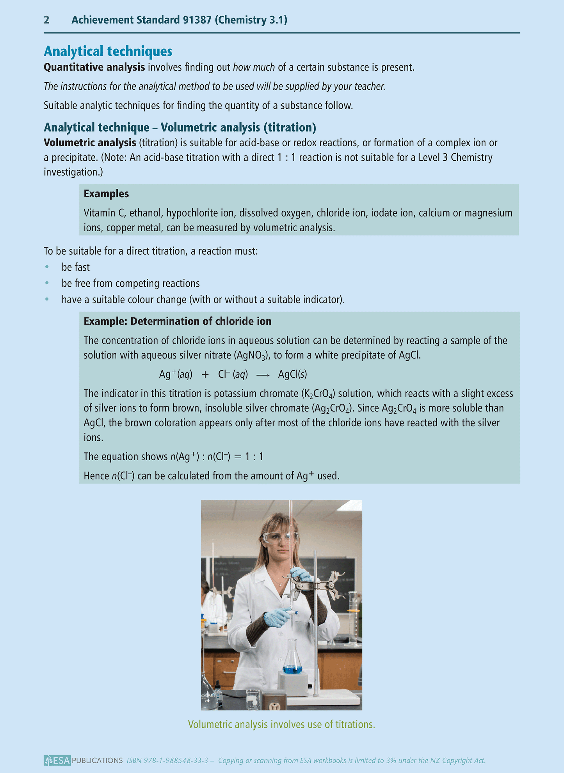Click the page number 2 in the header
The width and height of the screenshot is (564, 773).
point(46,20)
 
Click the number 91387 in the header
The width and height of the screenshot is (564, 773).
point(197,20)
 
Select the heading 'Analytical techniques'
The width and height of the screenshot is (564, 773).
point(108,51)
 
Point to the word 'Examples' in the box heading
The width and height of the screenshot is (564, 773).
point(106,194)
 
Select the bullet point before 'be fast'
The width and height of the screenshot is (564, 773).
point(47,267)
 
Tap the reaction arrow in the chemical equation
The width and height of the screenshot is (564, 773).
point(263,375)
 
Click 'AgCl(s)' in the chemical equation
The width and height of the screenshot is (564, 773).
point(292,374)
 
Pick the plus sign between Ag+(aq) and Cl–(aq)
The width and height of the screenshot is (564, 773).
point(205,375)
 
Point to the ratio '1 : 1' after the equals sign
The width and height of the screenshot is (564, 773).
point(254,457)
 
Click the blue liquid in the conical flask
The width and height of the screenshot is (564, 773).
point(292,670)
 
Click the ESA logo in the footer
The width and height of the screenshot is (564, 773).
point(57,760)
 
